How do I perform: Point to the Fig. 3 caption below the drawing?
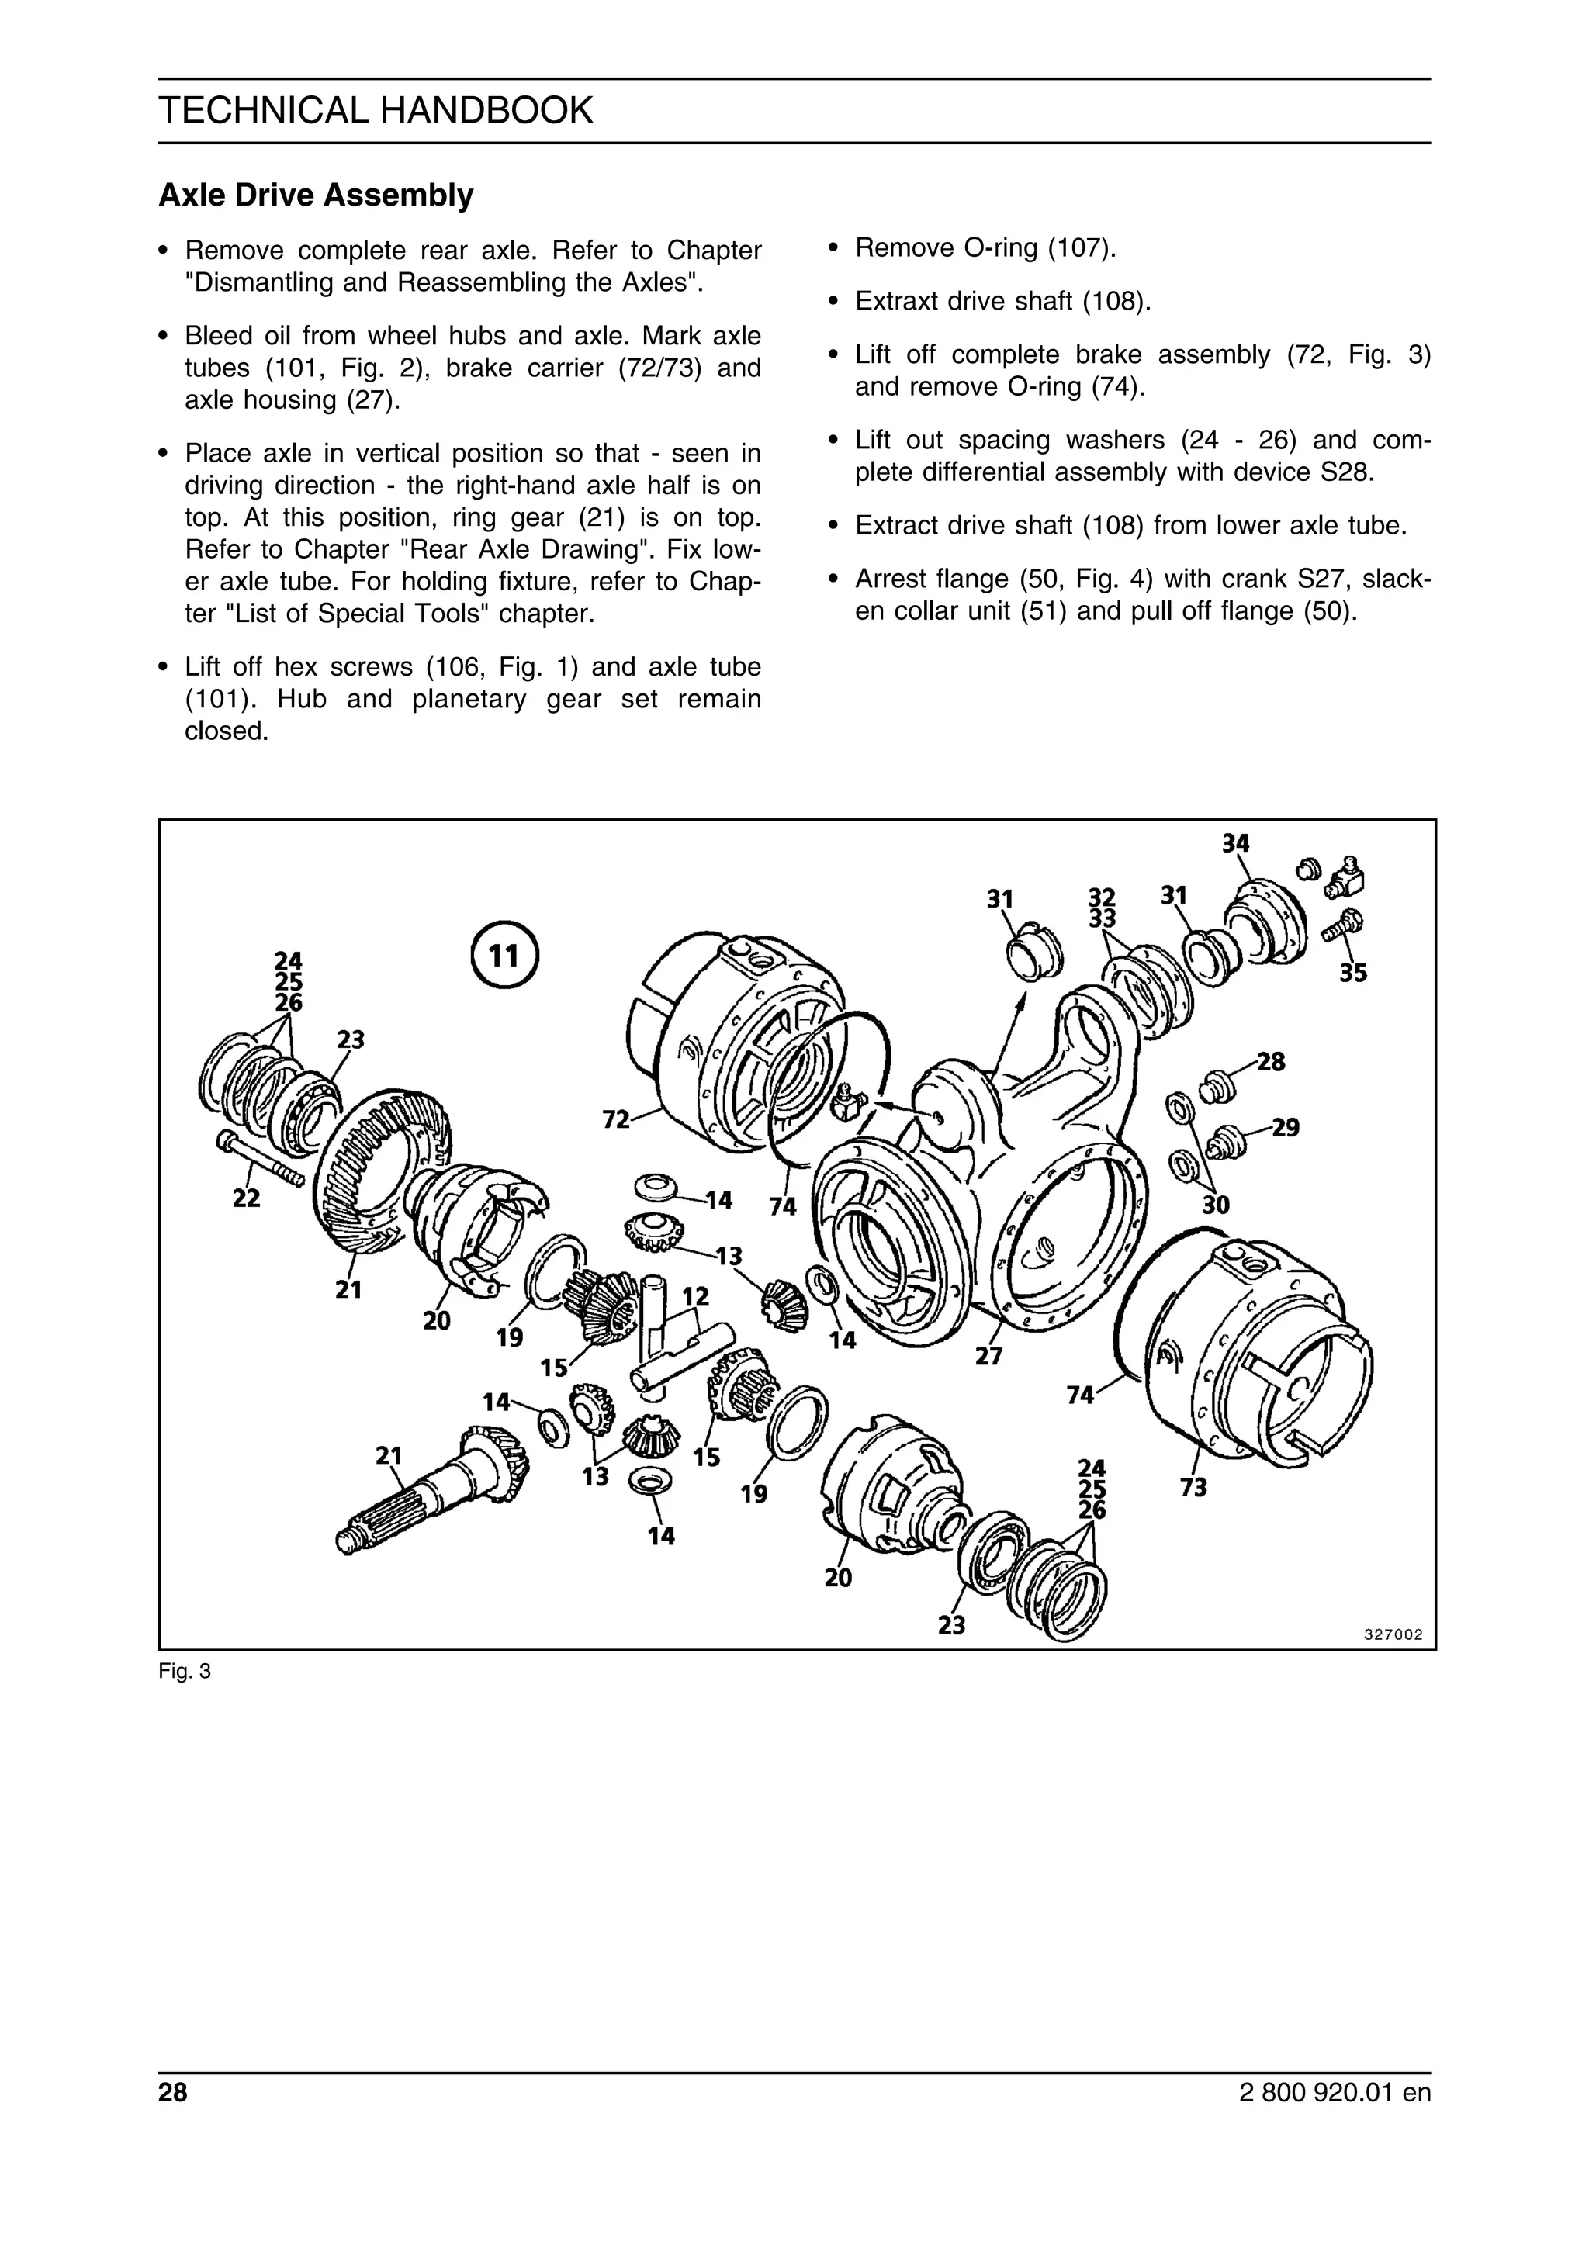[184, 1672]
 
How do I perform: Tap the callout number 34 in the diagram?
[1235, 843]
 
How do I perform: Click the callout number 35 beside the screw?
[1353, 974]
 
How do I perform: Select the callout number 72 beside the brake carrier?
[616, 1119]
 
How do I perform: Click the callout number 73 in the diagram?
[1193, 1487]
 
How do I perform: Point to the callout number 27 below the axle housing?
[988, 1356]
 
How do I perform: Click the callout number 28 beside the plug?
[1271, 1061]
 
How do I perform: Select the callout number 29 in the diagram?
[1286, 1128]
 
